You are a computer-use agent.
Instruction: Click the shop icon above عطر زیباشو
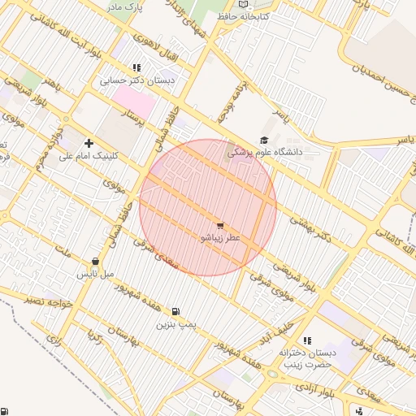220,224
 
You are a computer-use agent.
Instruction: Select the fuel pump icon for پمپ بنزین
175,311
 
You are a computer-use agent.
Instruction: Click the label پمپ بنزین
177,325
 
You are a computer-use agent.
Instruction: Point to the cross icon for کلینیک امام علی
89,143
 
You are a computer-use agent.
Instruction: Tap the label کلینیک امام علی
89,156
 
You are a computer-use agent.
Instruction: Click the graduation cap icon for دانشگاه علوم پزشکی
263,141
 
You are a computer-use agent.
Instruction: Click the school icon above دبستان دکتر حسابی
136,67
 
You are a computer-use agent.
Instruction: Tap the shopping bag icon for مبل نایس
96,262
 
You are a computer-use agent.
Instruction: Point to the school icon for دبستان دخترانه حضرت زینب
306,340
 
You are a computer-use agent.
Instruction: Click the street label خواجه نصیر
49,301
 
